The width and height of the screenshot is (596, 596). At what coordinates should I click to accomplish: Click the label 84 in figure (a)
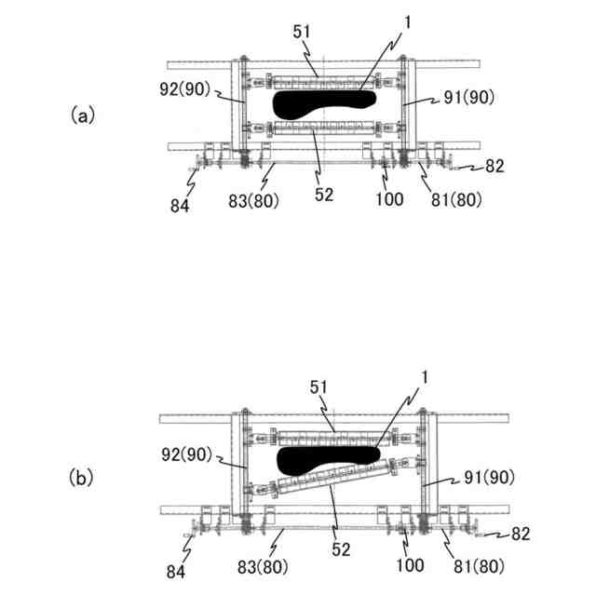point(179,204)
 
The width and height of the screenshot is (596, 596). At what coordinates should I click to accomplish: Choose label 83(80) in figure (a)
point(254,200)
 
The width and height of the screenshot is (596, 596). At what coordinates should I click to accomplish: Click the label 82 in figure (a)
point(494,168)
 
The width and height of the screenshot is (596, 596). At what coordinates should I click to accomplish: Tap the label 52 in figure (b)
point(341,549)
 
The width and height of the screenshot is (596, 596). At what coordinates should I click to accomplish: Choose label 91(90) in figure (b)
point(488,477)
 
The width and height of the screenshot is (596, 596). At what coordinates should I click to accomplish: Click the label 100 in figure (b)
point(410,564)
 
